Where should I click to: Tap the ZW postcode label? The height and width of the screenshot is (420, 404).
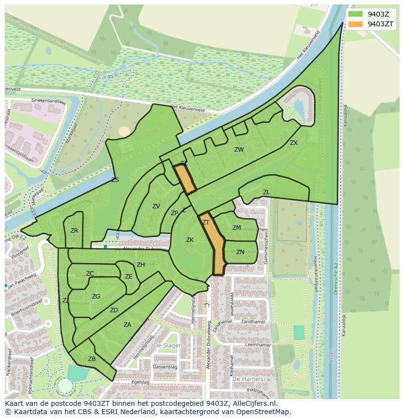pyautogui.click(x=239, y=150)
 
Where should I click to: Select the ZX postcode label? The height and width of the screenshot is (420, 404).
pyautogui.click(x=293, y=143)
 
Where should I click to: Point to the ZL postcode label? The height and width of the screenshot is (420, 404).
pyautogui.click(x=266, y=192)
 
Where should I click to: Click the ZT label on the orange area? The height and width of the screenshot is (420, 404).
pyautogui.click(x=206, y=222)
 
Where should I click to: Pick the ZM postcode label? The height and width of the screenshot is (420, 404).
pyautogui.click(x=236, y=228)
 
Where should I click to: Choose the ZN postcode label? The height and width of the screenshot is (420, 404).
pyautogui.click(x=240, y=252)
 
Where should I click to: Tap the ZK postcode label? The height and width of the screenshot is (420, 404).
pyautogui.click(x=190, y=240)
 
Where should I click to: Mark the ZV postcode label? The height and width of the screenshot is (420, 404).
pyautogui.click(x=156, y=206)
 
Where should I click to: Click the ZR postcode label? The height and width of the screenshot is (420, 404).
pyautogui.click(x=74, y=231)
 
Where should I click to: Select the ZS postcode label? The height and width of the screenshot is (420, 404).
pyautogui.click(x=115, y=180)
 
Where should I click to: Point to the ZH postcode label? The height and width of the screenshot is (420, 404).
pyautogui.click(x=141, y=265)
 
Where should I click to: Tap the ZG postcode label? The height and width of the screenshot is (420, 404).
pyautogui.click(x=96, y=297)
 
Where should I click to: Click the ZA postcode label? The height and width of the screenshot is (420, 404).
pyautogui.click(x=127, y=325)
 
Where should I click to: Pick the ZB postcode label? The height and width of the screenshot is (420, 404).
pyautogui.click(x=92, y=359)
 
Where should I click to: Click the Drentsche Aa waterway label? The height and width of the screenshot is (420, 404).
pyautogui.click(x=336, y=283)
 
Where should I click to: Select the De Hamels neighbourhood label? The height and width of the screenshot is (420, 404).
pyautogui.click(x=248, y=379)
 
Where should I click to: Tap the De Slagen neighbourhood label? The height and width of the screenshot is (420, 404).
pyautogui.click(x=168, y=345)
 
